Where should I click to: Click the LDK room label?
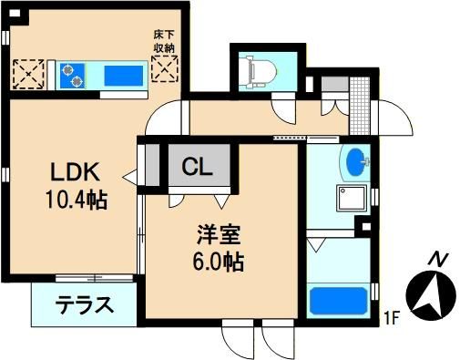75,171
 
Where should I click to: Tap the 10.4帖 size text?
77,200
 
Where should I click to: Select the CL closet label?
197,167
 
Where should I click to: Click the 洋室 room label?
219,234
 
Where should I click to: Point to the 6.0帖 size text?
219,262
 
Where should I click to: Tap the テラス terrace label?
85,304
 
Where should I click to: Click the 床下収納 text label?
164,42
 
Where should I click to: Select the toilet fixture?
259,73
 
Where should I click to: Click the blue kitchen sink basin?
124,76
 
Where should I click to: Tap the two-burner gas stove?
72,76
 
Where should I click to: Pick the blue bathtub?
339,301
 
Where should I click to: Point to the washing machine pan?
352,198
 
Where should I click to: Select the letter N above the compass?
438,259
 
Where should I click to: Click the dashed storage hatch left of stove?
28,74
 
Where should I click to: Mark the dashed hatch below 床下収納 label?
165,68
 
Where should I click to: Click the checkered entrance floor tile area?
360,106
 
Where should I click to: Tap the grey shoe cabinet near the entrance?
335,84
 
